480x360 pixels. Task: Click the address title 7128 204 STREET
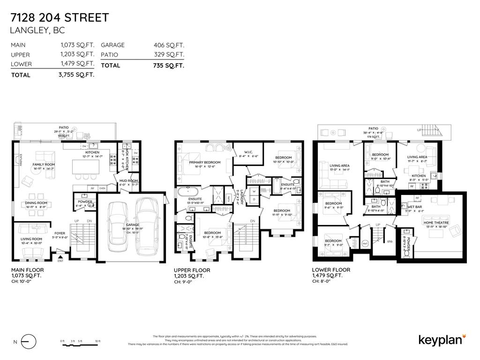point(60,18)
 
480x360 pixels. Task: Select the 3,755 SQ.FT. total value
point(76,75)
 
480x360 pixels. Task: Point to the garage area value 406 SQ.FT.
point(169,45)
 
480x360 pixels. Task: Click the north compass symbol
point(29,342)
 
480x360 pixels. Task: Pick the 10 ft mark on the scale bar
point(97,341)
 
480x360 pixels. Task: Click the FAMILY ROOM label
point(44,165)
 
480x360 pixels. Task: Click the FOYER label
point(60,233)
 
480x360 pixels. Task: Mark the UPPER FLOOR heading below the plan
point(192,270)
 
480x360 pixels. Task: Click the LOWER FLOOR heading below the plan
point(331,270)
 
